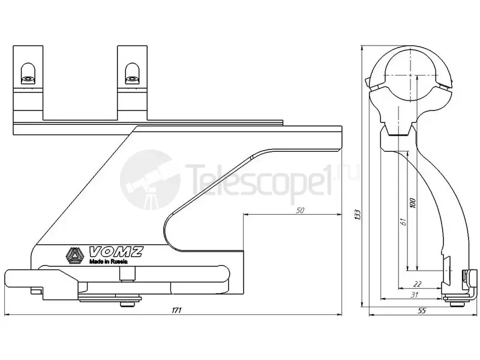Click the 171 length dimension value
[176, 310]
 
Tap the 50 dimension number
[301, 211]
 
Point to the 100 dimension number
[413, 203]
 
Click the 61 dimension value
[403, 221]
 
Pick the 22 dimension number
[417, 284]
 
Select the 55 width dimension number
[422, 311]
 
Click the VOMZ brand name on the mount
[116, 251]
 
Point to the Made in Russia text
[108, 262]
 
